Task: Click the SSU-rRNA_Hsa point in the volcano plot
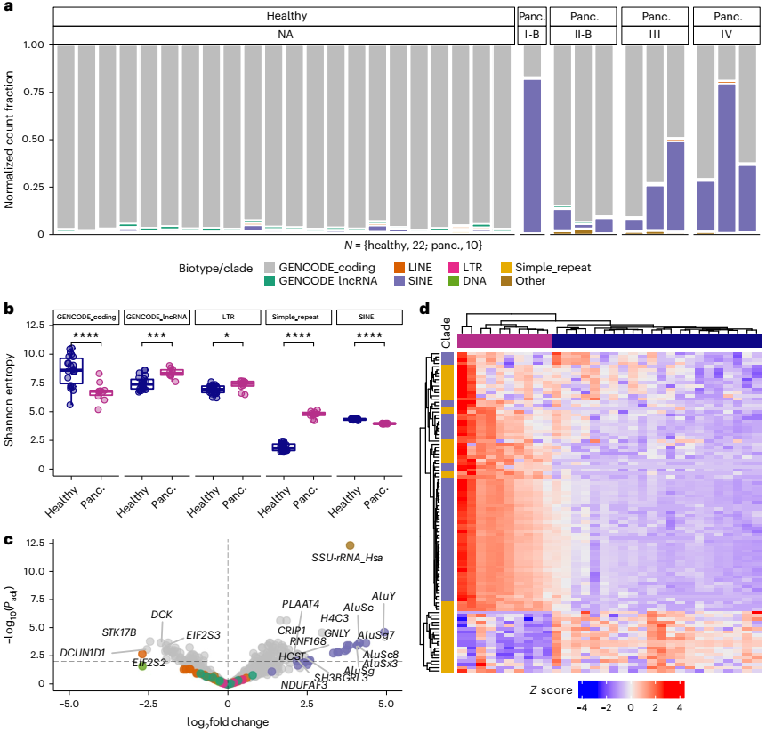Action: tap(350, 545)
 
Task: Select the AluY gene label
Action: tap(383, 596)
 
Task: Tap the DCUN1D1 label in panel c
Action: tap(82, 653)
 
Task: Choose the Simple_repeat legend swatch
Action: tap(533, 268)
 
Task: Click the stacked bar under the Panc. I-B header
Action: tap(532, 156)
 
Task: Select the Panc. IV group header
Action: tap(724, 17)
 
